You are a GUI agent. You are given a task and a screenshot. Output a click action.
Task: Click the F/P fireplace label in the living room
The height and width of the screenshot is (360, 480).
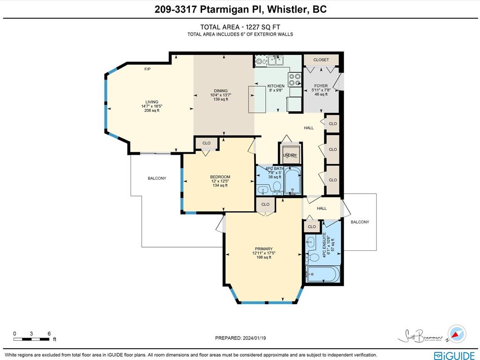147,69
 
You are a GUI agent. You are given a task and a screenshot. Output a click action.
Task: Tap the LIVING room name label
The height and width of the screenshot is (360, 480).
151,102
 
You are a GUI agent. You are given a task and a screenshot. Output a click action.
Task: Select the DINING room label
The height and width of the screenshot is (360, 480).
221,91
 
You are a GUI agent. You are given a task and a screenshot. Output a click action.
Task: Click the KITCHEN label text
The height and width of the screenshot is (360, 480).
276,86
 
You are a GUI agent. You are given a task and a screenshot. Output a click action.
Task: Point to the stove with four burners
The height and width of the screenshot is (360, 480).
295,80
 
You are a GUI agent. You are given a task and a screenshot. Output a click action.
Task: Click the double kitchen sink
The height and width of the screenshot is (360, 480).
275,60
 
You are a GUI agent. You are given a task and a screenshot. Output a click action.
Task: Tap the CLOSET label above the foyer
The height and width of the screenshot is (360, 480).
321,60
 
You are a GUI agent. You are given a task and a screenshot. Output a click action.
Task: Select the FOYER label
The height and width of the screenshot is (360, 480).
321,86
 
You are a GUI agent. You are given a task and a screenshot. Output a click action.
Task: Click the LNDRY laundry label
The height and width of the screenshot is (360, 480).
290,155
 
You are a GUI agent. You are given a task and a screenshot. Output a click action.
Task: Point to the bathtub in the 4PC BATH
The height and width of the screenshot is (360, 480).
292,183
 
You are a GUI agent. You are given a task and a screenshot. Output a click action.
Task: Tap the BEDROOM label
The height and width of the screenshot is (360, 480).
220,177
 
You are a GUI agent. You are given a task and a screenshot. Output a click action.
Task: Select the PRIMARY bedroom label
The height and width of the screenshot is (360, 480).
264,249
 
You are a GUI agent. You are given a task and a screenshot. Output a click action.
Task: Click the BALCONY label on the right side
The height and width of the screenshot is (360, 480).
360,222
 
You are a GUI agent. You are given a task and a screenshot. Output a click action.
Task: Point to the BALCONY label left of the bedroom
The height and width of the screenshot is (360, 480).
157,178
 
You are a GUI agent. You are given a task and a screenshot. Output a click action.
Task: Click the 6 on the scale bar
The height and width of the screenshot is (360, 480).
49,334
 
